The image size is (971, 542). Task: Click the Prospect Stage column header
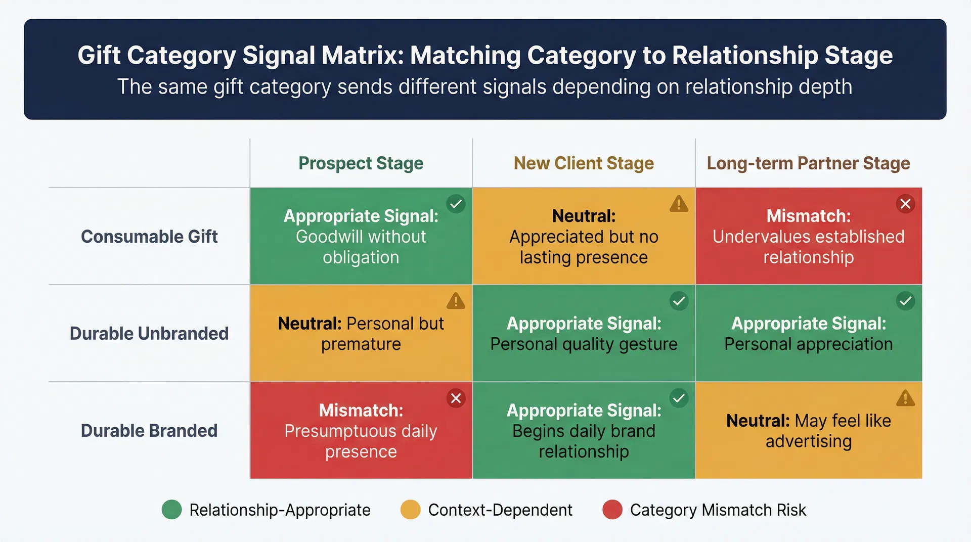(361, 163)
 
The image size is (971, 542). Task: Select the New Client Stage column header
(584, 163)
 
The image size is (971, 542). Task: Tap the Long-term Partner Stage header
(808, 163)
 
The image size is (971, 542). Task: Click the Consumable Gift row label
(149, 237)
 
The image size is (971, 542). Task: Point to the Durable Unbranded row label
(149, 334)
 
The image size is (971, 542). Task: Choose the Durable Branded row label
(149, 431)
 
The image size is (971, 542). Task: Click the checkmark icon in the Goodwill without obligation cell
(456, 204)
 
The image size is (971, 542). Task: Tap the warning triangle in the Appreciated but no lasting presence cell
(679, 204)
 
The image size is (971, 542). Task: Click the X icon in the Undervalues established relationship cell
(905, 204)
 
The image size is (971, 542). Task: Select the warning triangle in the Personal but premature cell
(456, 301)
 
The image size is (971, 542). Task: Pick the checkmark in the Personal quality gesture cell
(679, 301)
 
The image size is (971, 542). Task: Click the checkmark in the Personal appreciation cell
(905, 301)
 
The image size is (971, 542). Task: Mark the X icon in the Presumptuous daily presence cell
(456, 398)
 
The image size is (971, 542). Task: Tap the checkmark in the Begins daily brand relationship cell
(679, 398)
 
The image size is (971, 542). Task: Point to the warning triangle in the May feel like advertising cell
(905, 398)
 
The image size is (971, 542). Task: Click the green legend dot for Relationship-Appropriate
(171, 510)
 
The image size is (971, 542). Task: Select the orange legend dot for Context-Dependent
(410, 510)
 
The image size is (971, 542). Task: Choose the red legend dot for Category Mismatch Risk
(612, 510)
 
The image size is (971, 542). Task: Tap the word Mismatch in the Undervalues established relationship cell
(808, 216)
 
